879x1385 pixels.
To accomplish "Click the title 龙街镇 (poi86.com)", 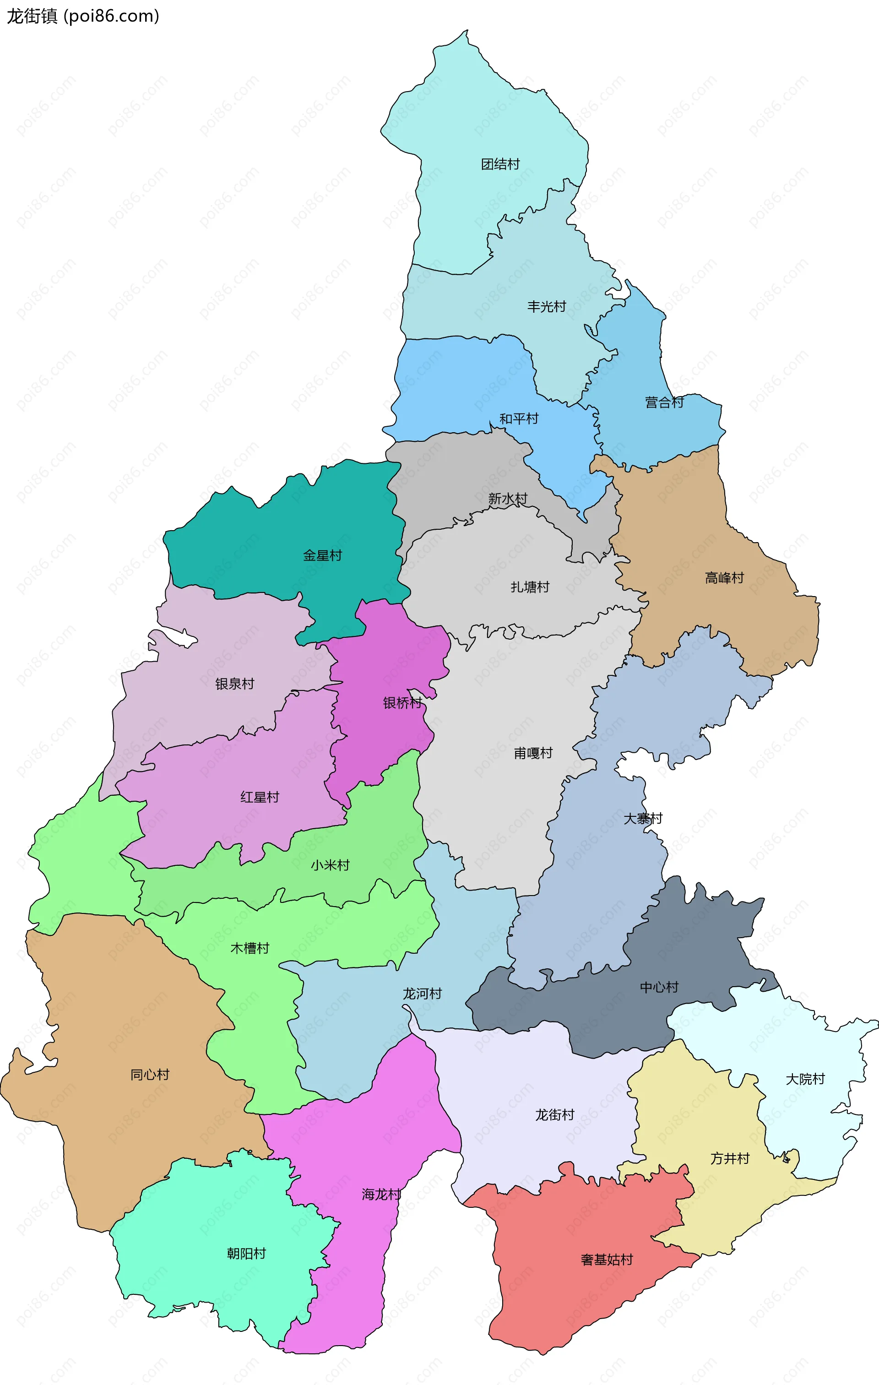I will tap(83, 16).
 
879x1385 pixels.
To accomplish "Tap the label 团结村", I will tap(500, 164).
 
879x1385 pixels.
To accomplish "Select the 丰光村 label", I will tap(547, 307).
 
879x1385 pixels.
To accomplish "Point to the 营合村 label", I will tap(664, 402).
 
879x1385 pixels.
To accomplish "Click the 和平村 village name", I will tap(518, 419).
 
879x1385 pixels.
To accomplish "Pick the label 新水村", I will tap(507, 499).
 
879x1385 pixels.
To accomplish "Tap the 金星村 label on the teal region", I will tap(322, 556).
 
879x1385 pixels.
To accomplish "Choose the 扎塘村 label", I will tap(530, 587).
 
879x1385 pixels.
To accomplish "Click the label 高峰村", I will tap(724, 577).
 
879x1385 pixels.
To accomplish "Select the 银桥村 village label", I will tap(402, 703).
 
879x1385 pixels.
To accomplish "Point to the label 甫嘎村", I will tap(533, 753).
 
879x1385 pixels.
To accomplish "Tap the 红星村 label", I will tap(260, 797).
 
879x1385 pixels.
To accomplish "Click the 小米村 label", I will tap(330, 865).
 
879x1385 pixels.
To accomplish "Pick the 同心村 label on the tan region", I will tap(150, 1075).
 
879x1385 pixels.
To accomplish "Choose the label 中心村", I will tap(659, 987).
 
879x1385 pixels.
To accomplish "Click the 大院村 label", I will tap(805, 1079).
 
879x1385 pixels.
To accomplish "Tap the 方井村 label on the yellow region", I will tap(729, 1158).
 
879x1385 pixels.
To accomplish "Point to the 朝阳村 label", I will tap(246, 1253).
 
